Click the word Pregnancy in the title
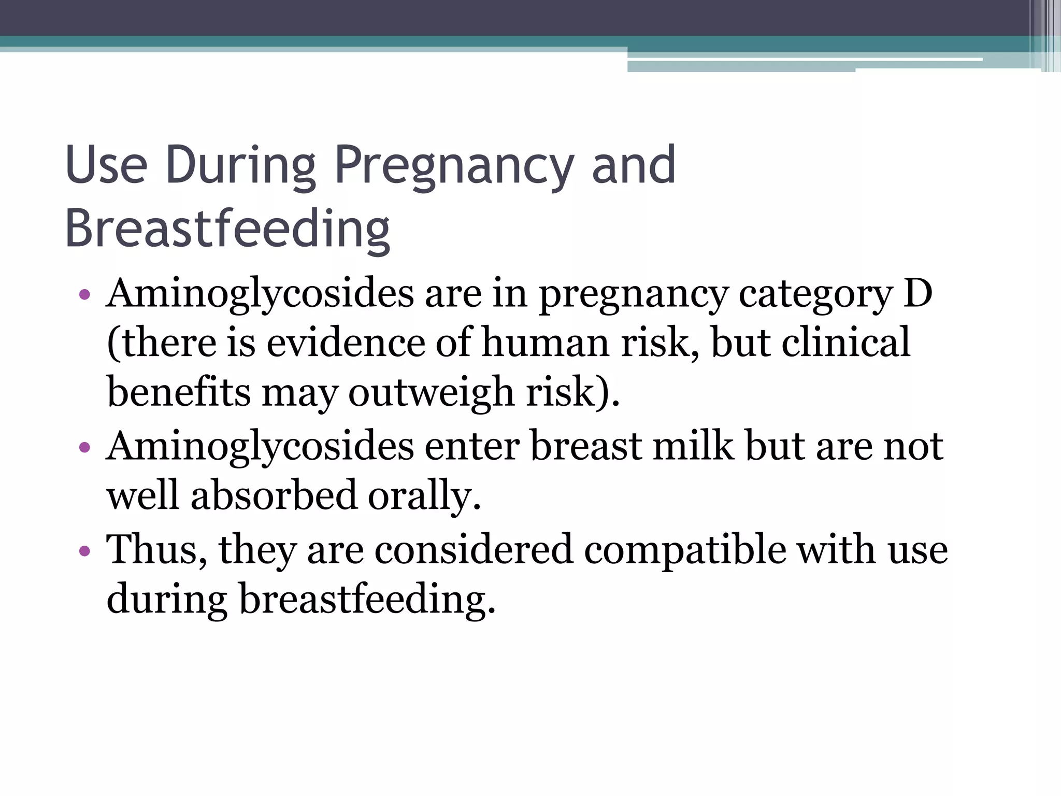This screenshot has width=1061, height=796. [454, 166]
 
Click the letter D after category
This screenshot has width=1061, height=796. [918, 293]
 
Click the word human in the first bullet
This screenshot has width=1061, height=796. [545, 343]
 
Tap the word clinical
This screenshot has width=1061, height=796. [845, 343]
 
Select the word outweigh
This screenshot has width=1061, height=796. [431, 392]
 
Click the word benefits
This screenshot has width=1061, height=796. [179, 392]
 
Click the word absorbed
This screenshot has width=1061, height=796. [274, 495]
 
